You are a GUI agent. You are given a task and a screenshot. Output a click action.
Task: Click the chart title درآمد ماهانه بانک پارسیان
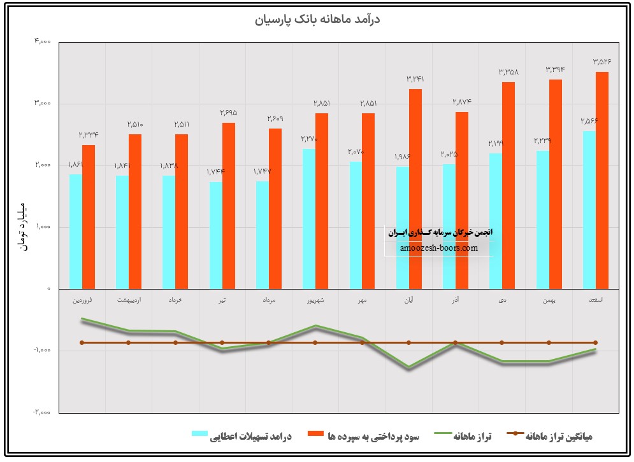pyautogui.click(x=317, y=20)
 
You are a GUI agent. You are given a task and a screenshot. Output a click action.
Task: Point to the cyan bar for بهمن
pyautogui.click(x=542, y=220)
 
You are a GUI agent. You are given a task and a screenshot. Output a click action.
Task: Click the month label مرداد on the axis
pyautogui.click(x=268, y=299)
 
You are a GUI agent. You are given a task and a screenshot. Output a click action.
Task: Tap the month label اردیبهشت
pyautogui.click(x=129, y=299)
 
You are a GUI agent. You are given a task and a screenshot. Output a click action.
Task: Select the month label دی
pyautogui.click(x=502, y=299)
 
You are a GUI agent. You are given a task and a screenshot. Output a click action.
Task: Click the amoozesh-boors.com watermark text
pyautogui.click(x=439, y=248)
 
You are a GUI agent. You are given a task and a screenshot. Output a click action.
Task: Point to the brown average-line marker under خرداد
pyautogui.click(x=175, y=342)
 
